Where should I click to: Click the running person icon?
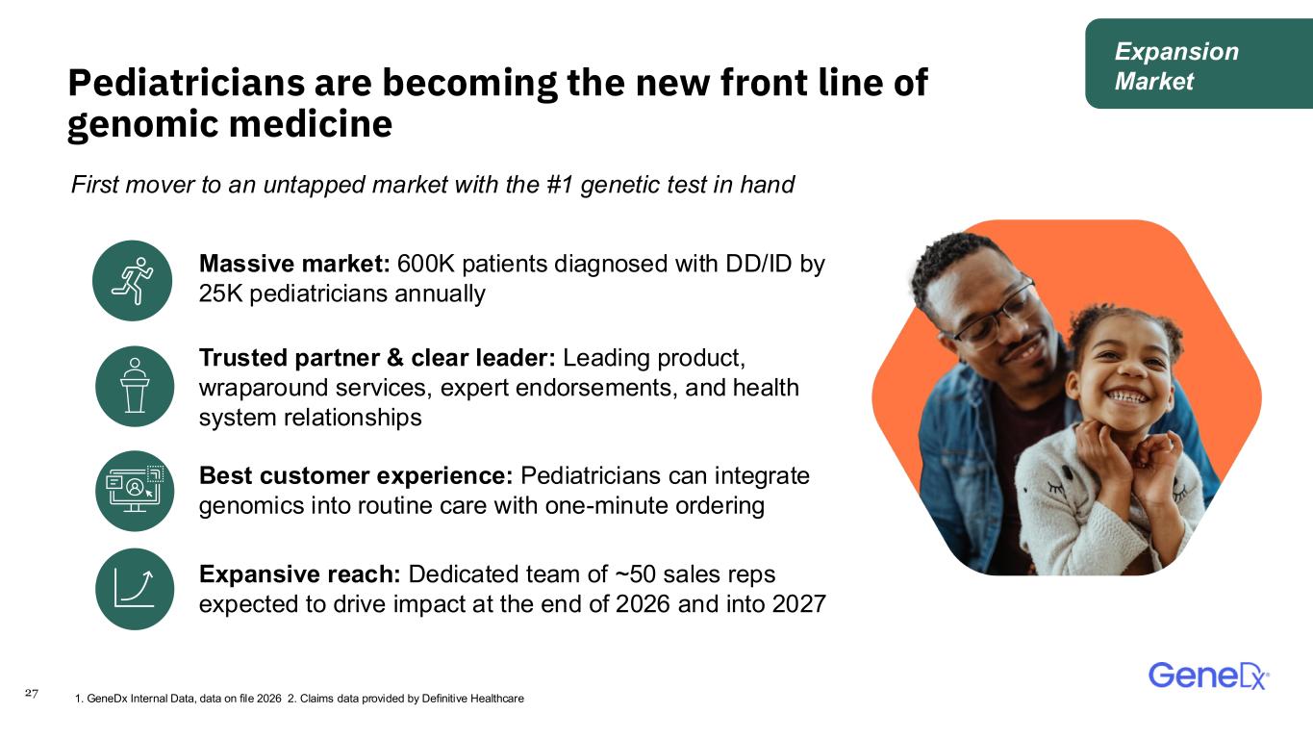click(133, 280)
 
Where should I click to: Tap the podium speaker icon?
click(135, 386)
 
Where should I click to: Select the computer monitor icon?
click(135, 491)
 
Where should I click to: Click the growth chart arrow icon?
click(135, 589)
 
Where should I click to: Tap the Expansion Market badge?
click(1199, 64)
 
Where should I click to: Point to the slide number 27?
click(32, 693)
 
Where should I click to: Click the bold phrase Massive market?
click(294, 264)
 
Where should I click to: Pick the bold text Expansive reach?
click(299, 574)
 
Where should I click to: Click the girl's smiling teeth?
click(1126, 396)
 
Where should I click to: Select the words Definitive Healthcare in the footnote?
click(472, 699)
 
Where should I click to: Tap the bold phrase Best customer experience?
click(356, 475)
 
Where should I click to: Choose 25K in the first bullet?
click(221, 293)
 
